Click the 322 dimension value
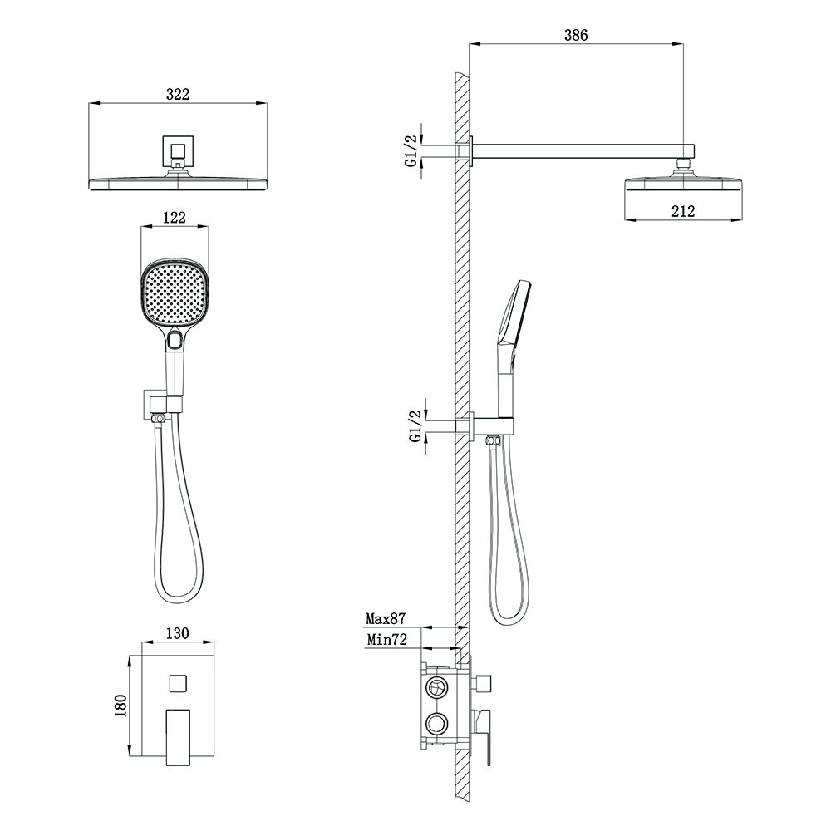(178, 95)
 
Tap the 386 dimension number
(576, 35)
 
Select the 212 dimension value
(682, 211)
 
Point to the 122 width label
(175, 218)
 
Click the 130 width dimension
(177, 634)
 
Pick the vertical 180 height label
(120, 706)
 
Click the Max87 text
(386, 618)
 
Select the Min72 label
(387, 640)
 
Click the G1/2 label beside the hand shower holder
(416, 425)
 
